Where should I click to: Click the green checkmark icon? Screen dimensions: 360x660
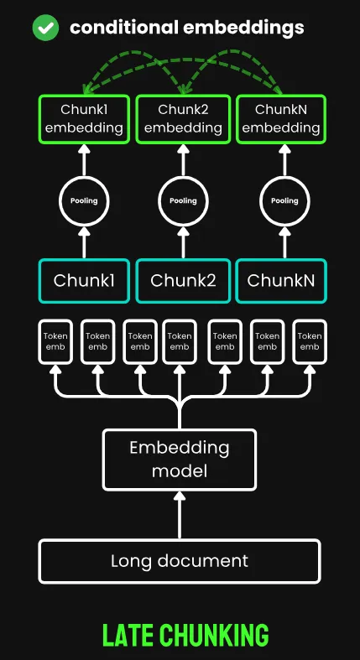pos(45,28)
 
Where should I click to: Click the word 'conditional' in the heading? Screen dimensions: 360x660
pos(124,28)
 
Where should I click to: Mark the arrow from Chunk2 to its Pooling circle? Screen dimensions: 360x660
pos(183,242)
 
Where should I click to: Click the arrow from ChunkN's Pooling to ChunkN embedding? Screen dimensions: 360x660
pos(284,160)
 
